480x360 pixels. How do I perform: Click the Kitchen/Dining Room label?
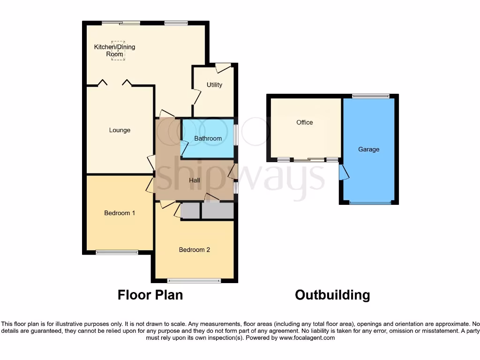point(114,51)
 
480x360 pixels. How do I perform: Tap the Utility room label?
point(214,85)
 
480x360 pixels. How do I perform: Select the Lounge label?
point(120,130)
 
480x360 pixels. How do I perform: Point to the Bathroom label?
point(208,139)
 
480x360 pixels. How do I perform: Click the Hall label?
point(195,180)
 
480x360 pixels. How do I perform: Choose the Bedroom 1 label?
point(120,213)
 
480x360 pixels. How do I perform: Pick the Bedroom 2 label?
point(194,250)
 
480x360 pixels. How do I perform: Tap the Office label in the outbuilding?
point(304,122)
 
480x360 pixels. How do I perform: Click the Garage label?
point(368,150)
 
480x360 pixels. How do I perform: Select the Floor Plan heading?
point(150,295)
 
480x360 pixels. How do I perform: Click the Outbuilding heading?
point(332,295)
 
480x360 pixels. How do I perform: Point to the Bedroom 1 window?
point(117,252)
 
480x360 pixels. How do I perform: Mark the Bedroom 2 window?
point(194,281)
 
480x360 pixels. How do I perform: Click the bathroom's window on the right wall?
point(236,135)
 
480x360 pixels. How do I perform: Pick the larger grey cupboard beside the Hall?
point(217,210)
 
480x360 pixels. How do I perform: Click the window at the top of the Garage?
point(371,96)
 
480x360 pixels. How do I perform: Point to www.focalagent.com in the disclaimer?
point(307,337)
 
